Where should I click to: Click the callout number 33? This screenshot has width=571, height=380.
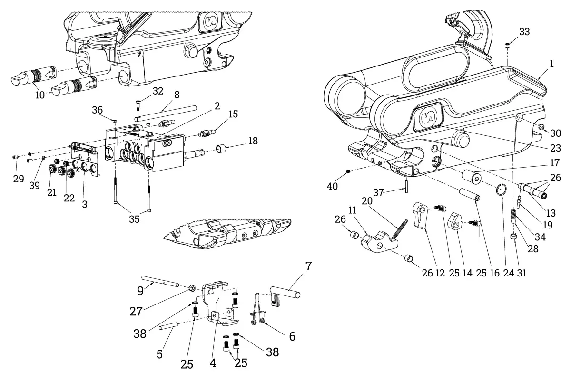524,32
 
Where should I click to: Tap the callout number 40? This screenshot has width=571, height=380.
332,186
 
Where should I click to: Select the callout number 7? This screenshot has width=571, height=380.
308,266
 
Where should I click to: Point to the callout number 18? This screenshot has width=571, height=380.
253,141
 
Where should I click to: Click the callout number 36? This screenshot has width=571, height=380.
97,110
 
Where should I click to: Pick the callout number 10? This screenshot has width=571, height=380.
40,95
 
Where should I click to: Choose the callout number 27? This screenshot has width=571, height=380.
136,311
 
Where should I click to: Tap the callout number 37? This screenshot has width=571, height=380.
379,193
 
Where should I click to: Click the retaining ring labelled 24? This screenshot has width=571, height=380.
501,190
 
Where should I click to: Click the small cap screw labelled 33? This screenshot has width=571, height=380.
507,46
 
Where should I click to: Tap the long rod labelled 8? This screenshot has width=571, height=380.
166,112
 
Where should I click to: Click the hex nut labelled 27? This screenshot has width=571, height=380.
192,288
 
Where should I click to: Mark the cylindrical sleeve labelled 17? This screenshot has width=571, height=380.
471,176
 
